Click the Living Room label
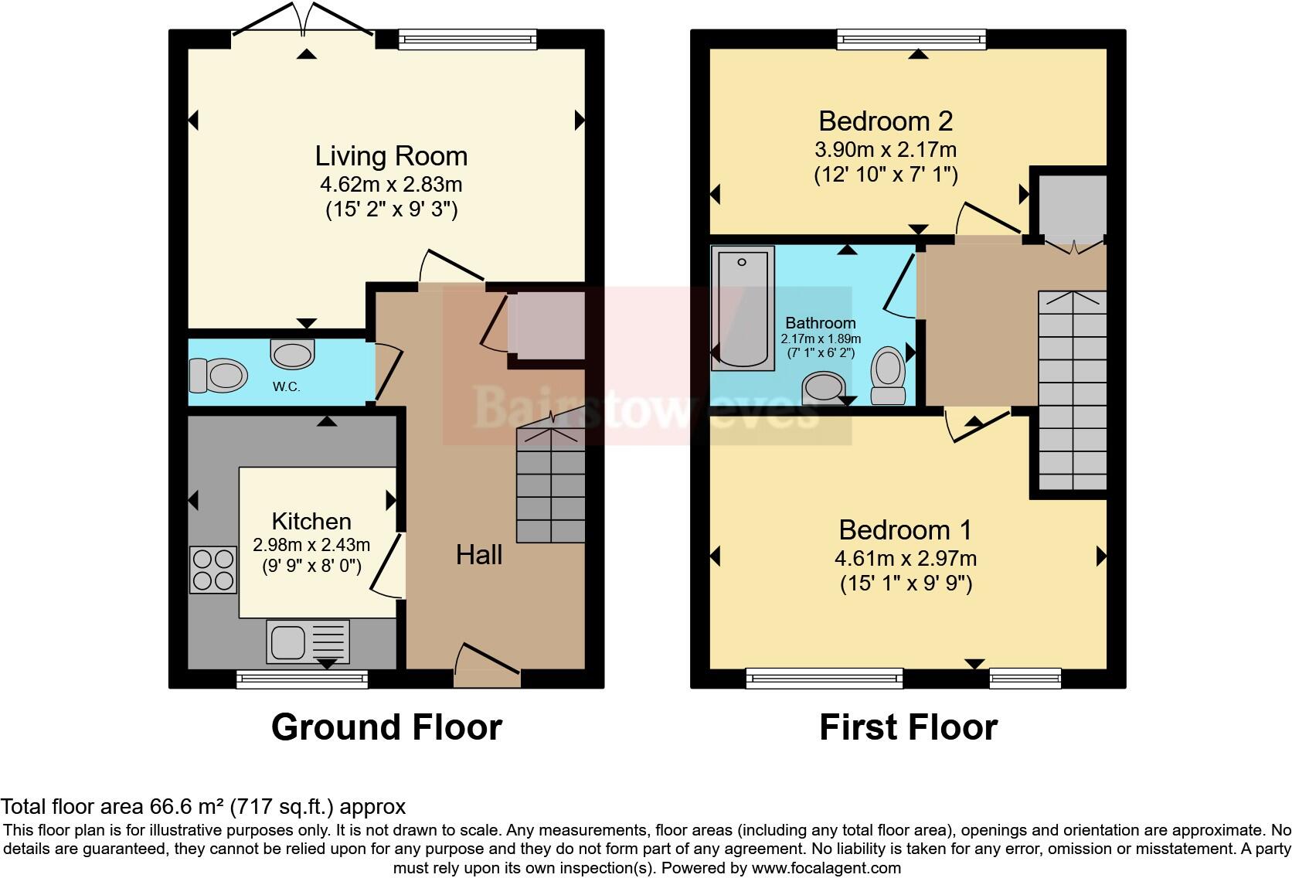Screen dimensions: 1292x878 pos(391,156)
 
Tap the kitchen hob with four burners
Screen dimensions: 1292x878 pos(213,570)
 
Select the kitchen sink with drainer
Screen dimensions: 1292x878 pos(308,641)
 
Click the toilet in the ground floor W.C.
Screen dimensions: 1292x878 pos(219,376)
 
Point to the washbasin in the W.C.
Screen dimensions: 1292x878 pos(292,354)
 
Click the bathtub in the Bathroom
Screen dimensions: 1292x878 pos(743,308)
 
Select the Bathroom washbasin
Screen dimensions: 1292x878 pos(824,388)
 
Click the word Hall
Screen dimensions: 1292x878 pos(479,555)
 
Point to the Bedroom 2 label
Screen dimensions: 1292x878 pos(886,121)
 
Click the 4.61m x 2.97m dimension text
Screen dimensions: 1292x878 pos(906,559)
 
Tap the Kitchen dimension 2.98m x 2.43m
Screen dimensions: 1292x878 pos(311,545)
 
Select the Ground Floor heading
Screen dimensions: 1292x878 pos(386,727)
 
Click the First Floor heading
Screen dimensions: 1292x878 pos(909,727)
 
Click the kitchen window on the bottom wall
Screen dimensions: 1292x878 pos(302,679)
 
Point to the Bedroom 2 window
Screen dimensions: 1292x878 pos(912,39)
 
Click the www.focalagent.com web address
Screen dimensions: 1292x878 pos(826,868)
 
